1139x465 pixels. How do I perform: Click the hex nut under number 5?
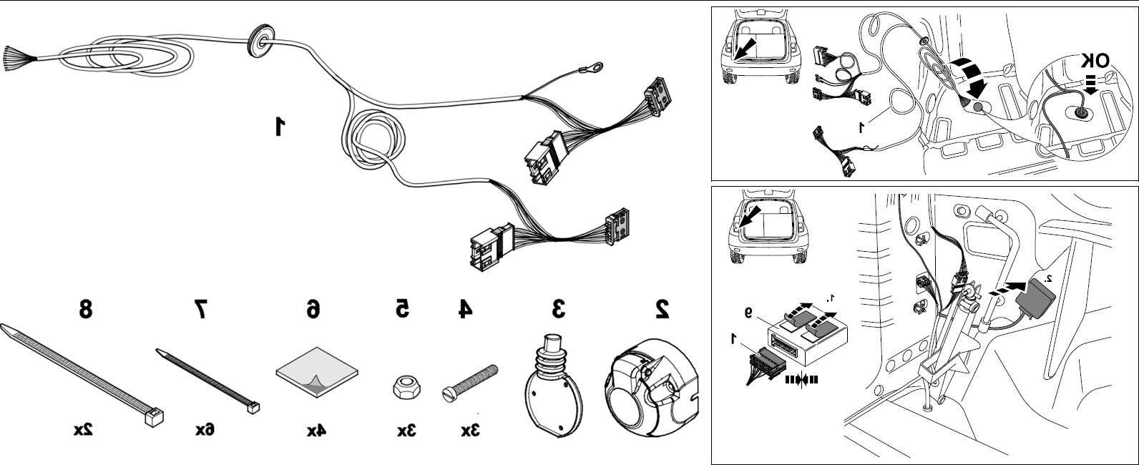pyautogui.click(x=406, y=387)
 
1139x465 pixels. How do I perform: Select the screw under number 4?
pyautogui.click(x=470, y=383)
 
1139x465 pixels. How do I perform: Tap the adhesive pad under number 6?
pyautogui.click(x=317, y=372)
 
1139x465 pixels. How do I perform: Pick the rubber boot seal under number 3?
pyautogui.click(x=553, y=386)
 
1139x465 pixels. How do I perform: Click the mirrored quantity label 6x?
pyautogui.click(x=205, y=430)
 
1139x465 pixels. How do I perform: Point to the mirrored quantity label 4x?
pyautogui.click(x=316, y=431)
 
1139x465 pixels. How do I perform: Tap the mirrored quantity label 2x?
pyautogui.click(x=83, y=430)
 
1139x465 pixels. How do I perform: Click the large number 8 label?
pyautogui.click(x=85, y=308)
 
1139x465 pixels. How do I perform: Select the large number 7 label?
pyautogui.click(x=201, y=309)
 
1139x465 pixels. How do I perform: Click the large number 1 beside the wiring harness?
pyautogui.click(x=279, y=126)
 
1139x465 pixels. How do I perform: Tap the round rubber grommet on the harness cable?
pyautogui.click(x=261, y=39)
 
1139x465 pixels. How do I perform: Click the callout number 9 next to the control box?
pyautogui.click(x=748, y=313)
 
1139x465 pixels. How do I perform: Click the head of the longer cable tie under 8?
pyautogui.click(x=154, y=418)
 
